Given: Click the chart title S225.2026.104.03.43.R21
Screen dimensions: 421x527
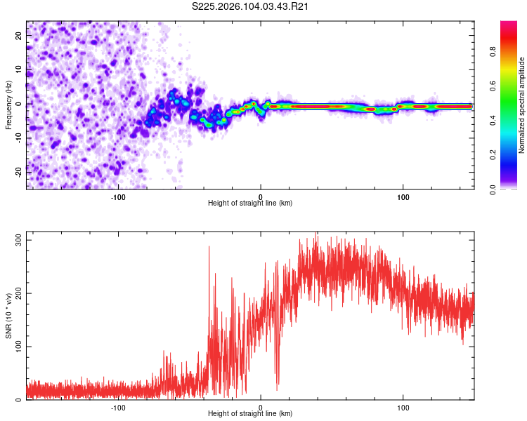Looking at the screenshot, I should pos(251,7).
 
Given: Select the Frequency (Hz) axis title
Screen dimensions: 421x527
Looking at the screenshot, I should pos(8,105).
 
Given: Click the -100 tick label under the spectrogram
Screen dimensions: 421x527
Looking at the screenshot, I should pos(117,196).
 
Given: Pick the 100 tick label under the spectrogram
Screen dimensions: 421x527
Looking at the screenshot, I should pos(403,196).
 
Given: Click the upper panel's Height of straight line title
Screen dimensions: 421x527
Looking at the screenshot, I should pos(250,203).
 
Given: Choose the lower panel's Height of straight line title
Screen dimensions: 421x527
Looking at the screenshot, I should pos(250,414).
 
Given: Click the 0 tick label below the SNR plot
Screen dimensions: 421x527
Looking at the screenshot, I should pos(261,407).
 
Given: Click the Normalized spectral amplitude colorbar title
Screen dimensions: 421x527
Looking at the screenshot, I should pos(522,105).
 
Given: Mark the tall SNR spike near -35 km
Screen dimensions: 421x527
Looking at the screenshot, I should pos(209,247).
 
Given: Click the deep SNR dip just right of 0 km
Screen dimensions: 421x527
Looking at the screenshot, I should pos(277,386).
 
